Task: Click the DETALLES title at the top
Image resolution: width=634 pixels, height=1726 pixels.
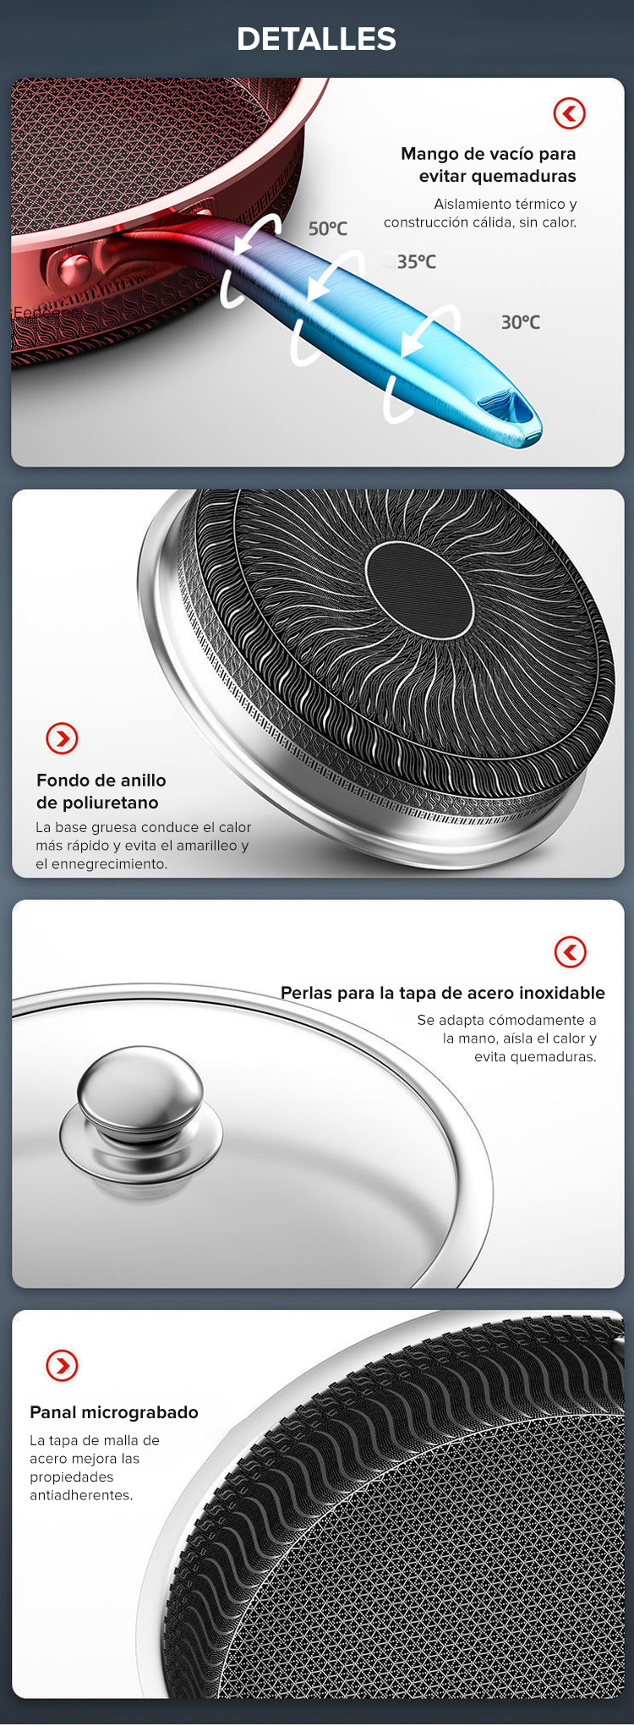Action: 316,39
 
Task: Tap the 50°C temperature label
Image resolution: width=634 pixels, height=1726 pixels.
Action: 328,228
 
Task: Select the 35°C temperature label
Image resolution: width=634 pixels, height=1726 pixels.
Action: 417,261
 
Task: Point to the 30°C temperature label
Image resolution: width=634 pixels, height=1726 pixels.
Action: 520,322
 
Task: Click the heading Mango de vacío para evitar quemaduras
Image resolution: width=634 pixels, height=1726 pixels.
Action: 489,165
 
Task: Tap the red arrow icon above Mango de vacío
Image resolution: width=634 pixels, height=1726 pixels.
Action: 570,113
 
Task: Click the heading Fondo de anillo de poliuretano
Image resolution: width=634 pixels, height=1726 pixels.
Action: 101,792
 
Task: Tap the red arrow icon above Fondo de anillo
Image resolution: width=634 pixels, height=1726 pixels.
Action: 62,738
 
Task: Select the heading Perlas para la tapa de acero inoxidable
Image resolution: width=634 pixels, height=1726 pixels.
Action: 443,993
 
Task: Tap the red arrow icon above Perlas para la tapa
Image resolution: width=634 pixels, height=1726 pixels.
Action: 571,952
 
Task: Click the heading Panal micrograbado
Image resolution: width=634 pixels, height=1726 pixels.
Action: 114,1412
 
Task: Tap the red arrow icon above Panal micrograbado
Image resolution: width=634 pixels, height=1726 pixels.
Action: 62,1365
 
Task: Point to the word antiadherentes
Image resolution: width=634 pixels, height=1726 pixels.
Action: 81,1495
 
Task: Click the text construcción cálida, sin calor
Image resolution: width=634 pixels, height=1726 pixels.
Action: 480,222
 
